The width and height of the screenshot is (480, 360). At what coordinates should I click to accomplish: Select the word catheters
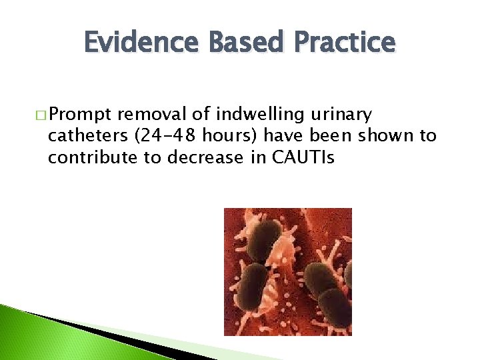click(89, 137)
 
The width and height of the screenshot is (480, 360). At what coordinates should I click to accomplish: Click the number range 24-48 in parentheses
click(165, 137)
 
